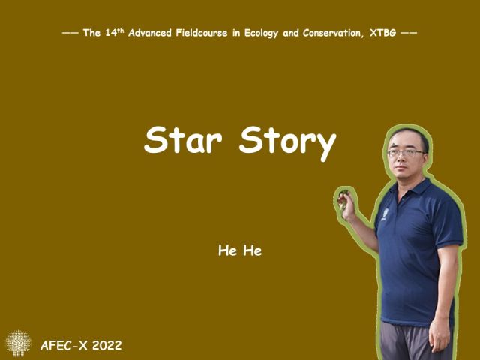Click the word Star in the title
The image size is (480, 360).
tap(183, 139)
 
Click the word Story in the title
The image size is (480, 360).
tap(288, 142)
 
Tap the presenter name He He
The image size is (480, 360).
tap(240, 250)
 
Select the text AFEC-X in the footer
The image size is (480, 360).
tap(64, 345)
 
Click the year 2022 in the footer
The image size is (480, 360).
tap(107, 345)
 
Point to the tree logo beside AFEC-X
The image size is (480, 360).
tap(18, 343)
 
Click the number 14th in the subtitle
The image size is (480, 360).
tap(115, 32)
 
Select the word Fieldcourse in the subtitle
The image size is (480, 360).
tap(202, 33)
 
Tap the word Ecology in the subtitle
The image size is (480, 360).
tap(261, 33)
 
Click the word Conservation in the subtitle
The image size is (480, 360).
tap(333, 33)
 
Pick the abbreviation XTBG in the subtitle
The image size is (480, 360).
tap(382, 33)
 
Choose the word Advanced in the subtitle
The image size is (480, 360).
tap(150, 33)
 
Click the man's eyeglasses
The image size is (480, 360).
tap(406, 152)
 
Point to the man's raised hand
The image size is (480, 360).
tap(346, 205)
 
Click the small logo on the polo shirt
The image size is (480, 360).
tap(385, 214)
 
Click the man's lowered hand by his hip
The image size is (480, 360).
tap(439, 336)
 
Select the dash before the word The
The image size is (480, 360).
tap(70, 33)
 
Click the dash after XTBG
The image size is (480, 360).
tap(409, 33)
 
